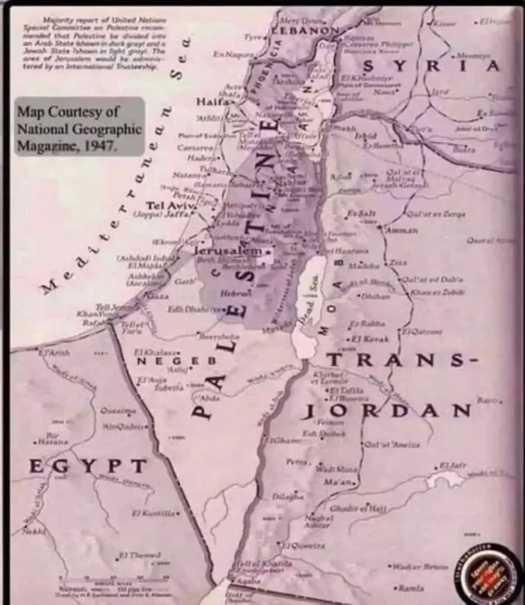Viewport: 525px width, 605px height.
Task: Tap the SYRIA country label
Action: point(444,66)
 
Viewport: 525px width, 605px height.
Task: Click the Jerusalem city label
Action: point(228,250)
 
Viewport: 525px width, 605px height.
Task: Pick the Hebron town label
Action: point(231,292)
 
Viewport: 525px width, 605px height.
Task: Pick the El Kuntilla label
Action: point(156,513)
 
